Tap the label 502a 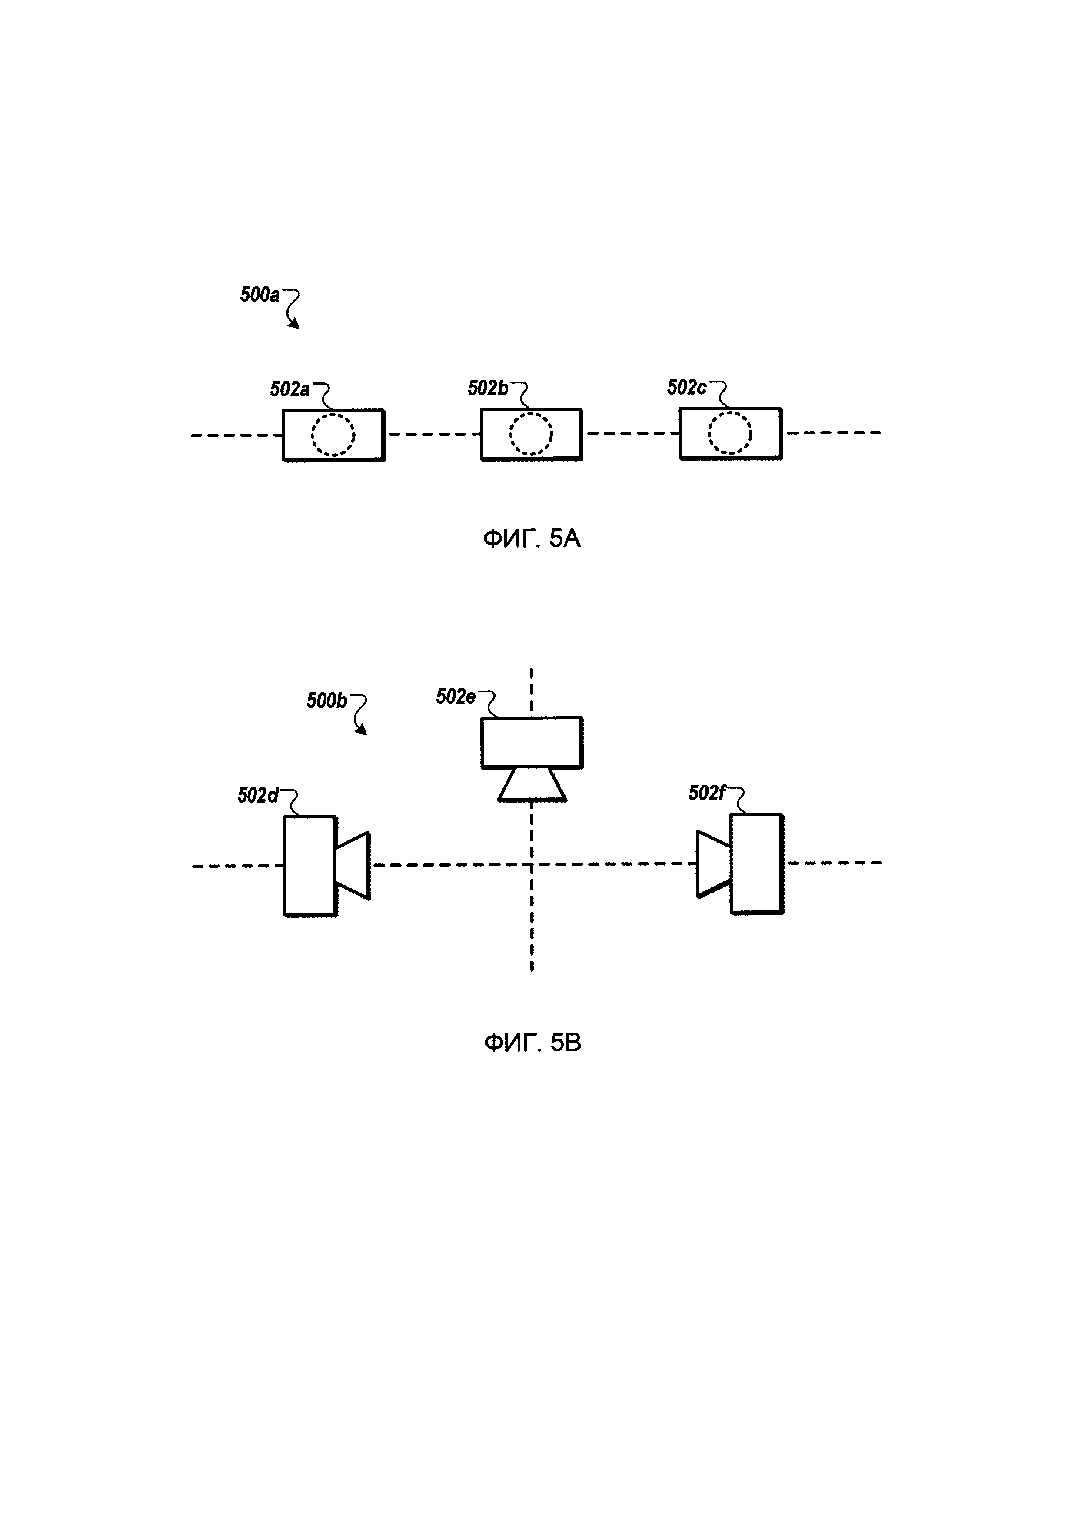click(289, 389)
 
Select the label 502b click(487, 388)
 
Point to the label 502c click(686, 388)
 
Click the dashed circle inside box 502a click(333, 435)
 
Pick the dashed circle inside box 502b click(531, 434)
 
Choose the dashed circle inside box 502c click(729, 433)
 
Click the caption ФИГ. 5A click(532, 538)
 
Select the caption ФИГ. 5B click(532, 1043)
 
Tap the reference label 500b click(326, 701)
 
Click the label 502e click(456, 697)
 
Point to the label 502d click(258, 796)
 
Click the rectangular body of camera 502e click(532, 743)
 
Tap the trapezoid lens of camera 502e click(532, 785)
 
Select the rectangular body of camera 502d click(310, 866)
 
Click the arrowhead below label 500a click(294, 325)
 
